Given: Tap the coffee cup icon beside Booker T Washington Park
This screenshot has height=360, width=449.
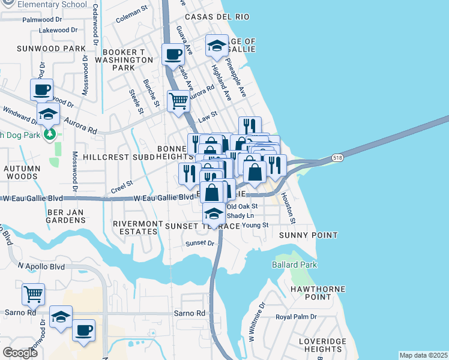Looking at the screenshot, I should coord(173,54).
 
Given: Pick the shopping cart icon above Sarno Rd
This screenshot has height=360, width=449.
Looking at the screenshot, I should coord(33,294).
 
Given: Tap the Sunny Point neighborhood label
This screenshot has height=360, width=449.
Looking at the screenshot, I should coord(308,235).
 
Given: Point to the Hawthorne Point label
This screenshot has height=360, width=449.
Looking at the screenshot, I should coord(309,293).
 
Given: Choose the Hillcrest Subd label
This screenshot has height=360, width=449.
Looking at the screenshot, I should coord(119,157).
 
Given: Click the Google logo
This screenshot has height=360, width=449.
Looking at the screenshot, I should coord(20,353).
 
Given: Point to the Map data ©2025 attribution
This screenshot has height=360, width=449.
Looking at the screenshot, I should coord(423,355).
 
